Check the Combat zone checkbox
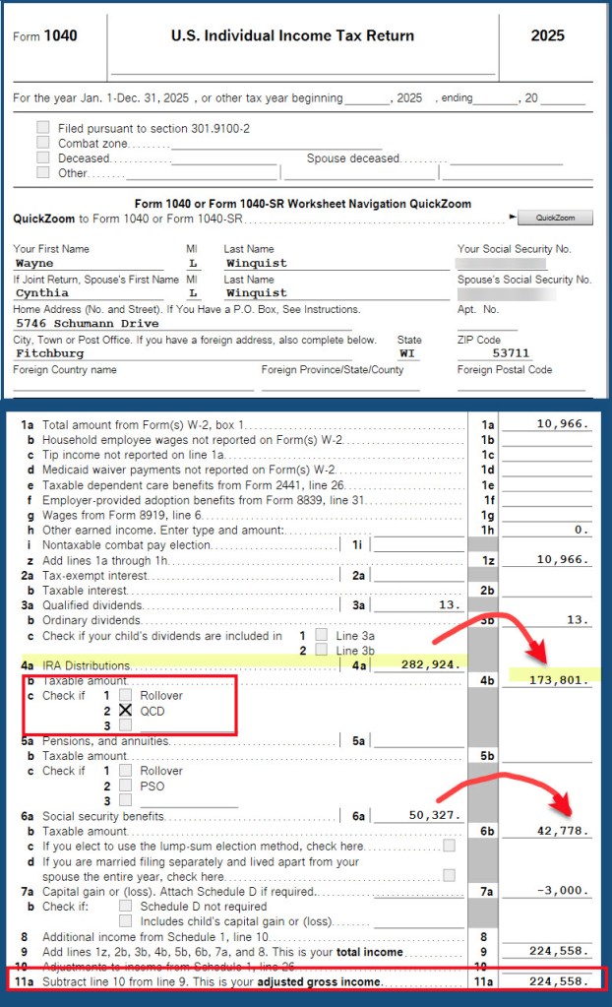pos(42,143)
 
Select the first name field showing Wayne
pos(34,264)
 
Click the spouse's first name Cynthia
pos(41,292)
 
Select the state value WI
pos(408,352)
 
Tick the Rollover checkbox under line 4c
pos(125,695)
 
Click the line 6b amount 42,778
pos(560,831)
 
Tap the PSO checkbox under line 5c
pos(125,786)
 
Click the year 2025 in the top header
pos(547,35)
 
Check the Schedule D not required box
pos(125,906)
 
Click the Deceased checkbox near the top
pos(42,157)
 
